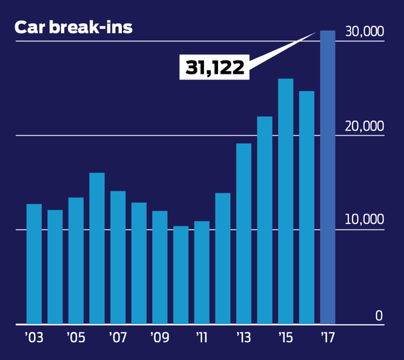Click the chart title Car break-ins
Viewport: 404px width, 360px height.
pos(73,28)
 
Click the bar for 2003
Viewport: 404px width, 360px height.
pos(34,264)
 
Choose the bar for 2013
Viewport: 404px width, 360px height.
pos(244,234)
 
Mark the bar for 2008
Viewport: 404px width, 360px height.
pos(139,263)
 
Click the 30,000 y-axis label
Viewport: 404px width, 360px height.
pos(364,31)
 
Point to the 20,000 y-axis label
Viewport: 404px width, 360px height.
pos(364,126)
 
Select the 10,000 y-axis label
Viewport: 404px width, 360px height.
pos(364,219)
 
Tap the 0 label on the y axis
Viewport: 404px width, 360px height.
pos(379,315)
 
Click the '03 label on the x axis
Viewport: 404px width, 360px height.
pos(33,338)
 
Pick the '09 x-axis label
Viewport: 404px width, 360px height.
pos(159,338)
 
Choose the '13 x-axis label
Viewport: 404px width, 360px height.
pos(243,338)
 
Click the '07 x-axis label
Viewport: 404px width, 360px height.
pos(117,338)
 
